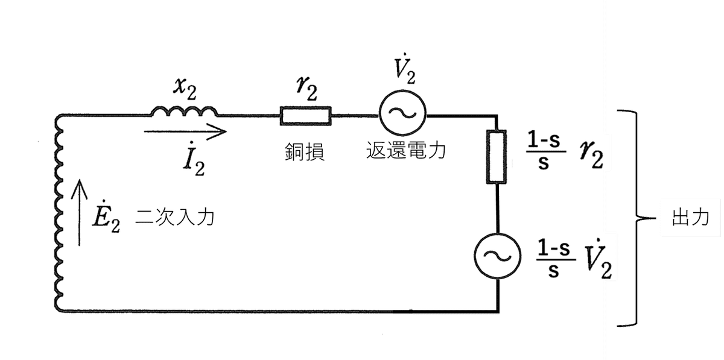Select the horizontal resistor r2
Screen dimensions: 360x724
(x=305, y=116)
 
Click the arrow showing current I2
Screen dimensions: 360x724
(x=185, y=130)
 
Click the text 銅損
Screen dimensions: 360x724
(x=305, y=153)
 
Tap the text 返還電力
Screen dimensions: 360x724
(x=405, y=151)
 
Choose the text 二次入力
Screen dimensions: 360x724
(x=175, y=218)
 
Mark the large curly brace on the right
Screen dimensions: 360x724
(x=634, y=218)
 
